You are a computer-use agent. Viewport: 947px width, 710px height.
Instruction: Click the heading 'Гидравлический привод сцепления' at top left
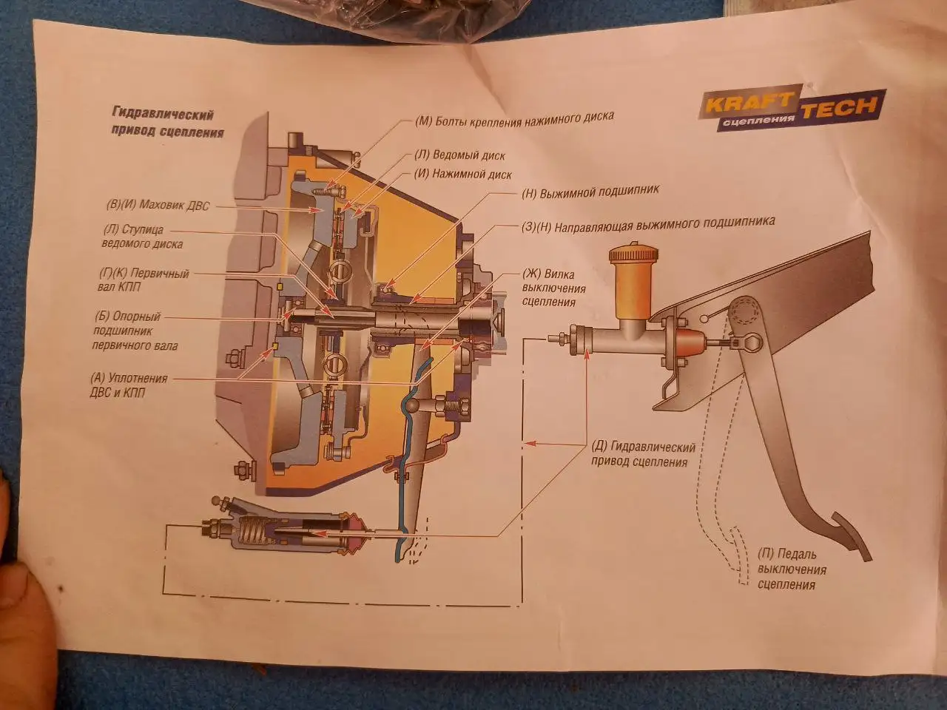[164, 123]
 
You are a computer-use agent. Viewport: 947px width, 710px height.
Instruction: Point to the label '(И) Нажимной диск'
[462, 175]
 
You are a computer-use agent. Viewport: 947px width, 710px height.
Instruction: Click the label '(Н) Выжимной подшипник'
[590, 192]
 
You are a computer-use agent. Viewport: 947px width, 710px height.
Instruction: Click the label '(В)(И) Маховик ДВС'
[158, 206]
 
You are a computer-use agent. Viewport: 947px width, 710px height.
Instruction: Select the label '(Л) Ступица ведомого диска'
[142, 237]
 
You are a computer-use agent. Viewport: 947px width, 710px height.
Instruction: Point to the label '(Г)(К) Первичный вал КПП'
[144, 280]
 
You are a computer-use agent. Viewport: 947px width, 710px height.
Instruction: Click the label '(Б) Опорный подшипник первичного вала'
[135, 331]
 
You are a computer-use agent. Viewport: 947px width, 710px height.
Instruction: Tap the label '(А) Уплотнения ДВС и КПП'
[129, 385]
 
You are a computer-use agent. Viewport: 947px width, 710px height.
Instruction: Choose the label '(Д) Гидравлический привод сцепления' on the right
[643, 454]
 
